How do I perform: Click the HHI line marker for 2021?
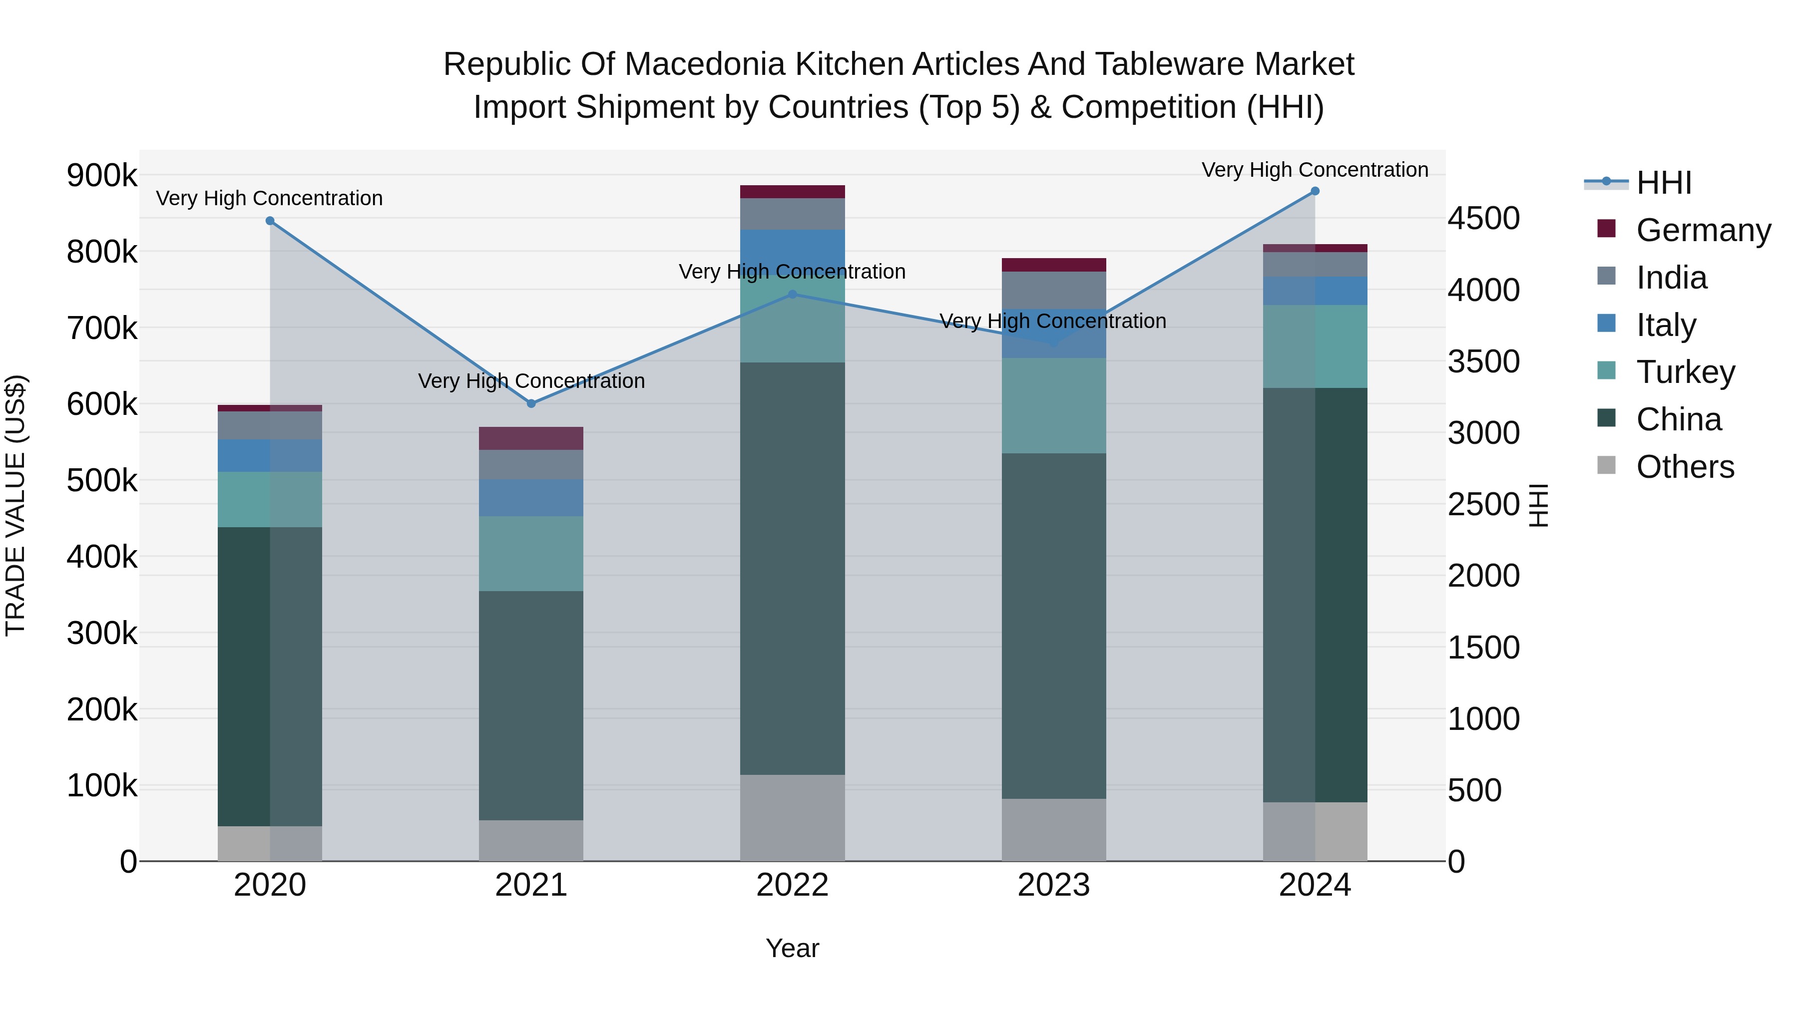pos(531,403)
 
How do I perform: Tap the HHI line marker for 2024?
pos(1315,191)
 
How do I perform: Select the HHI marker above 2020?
pos(270,221)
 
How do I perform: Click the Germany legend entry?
pos(1703,230)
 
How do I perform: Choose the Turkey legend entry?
pos(1685,372)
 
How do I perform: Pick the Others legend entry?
pos(1685,467)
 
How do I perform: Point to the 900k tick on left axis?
pos(102,175)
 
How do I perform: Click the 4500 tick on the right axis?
pos(1483,218)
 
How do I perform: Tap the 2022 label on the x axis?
pos(792,885)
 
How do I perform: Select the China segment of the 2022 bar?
pos(792,568)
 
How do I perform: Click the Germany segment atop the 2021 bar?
pos(531,438)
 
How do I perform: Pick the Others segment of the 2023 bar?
pos(1054,830)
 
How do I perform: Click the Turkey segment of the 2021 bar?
pos(531,554)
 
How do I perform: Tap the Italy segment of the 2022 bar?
pos(792,244)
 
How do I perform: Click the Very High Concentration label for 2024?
pos(1315,170)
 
